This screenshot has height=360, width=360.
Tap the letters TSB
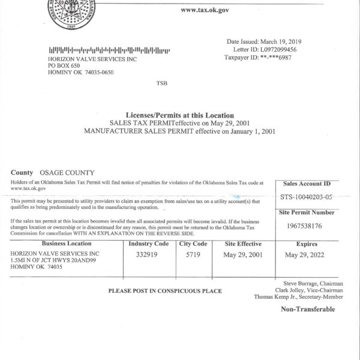pyautogui.click(x=162, y=82)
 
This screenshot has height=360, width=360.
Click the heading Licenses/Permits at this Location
pyautogui.click(x=179, y=115)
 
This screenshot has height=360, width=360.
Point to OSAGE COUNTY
pyautogui.click(x=67, y=172)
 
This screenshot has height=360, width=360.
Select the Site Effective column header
pyautogui.click(x=242, y=244)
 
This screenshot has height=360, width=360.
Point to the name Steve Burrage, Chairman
pyautogui.click(x=310, y=282)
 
